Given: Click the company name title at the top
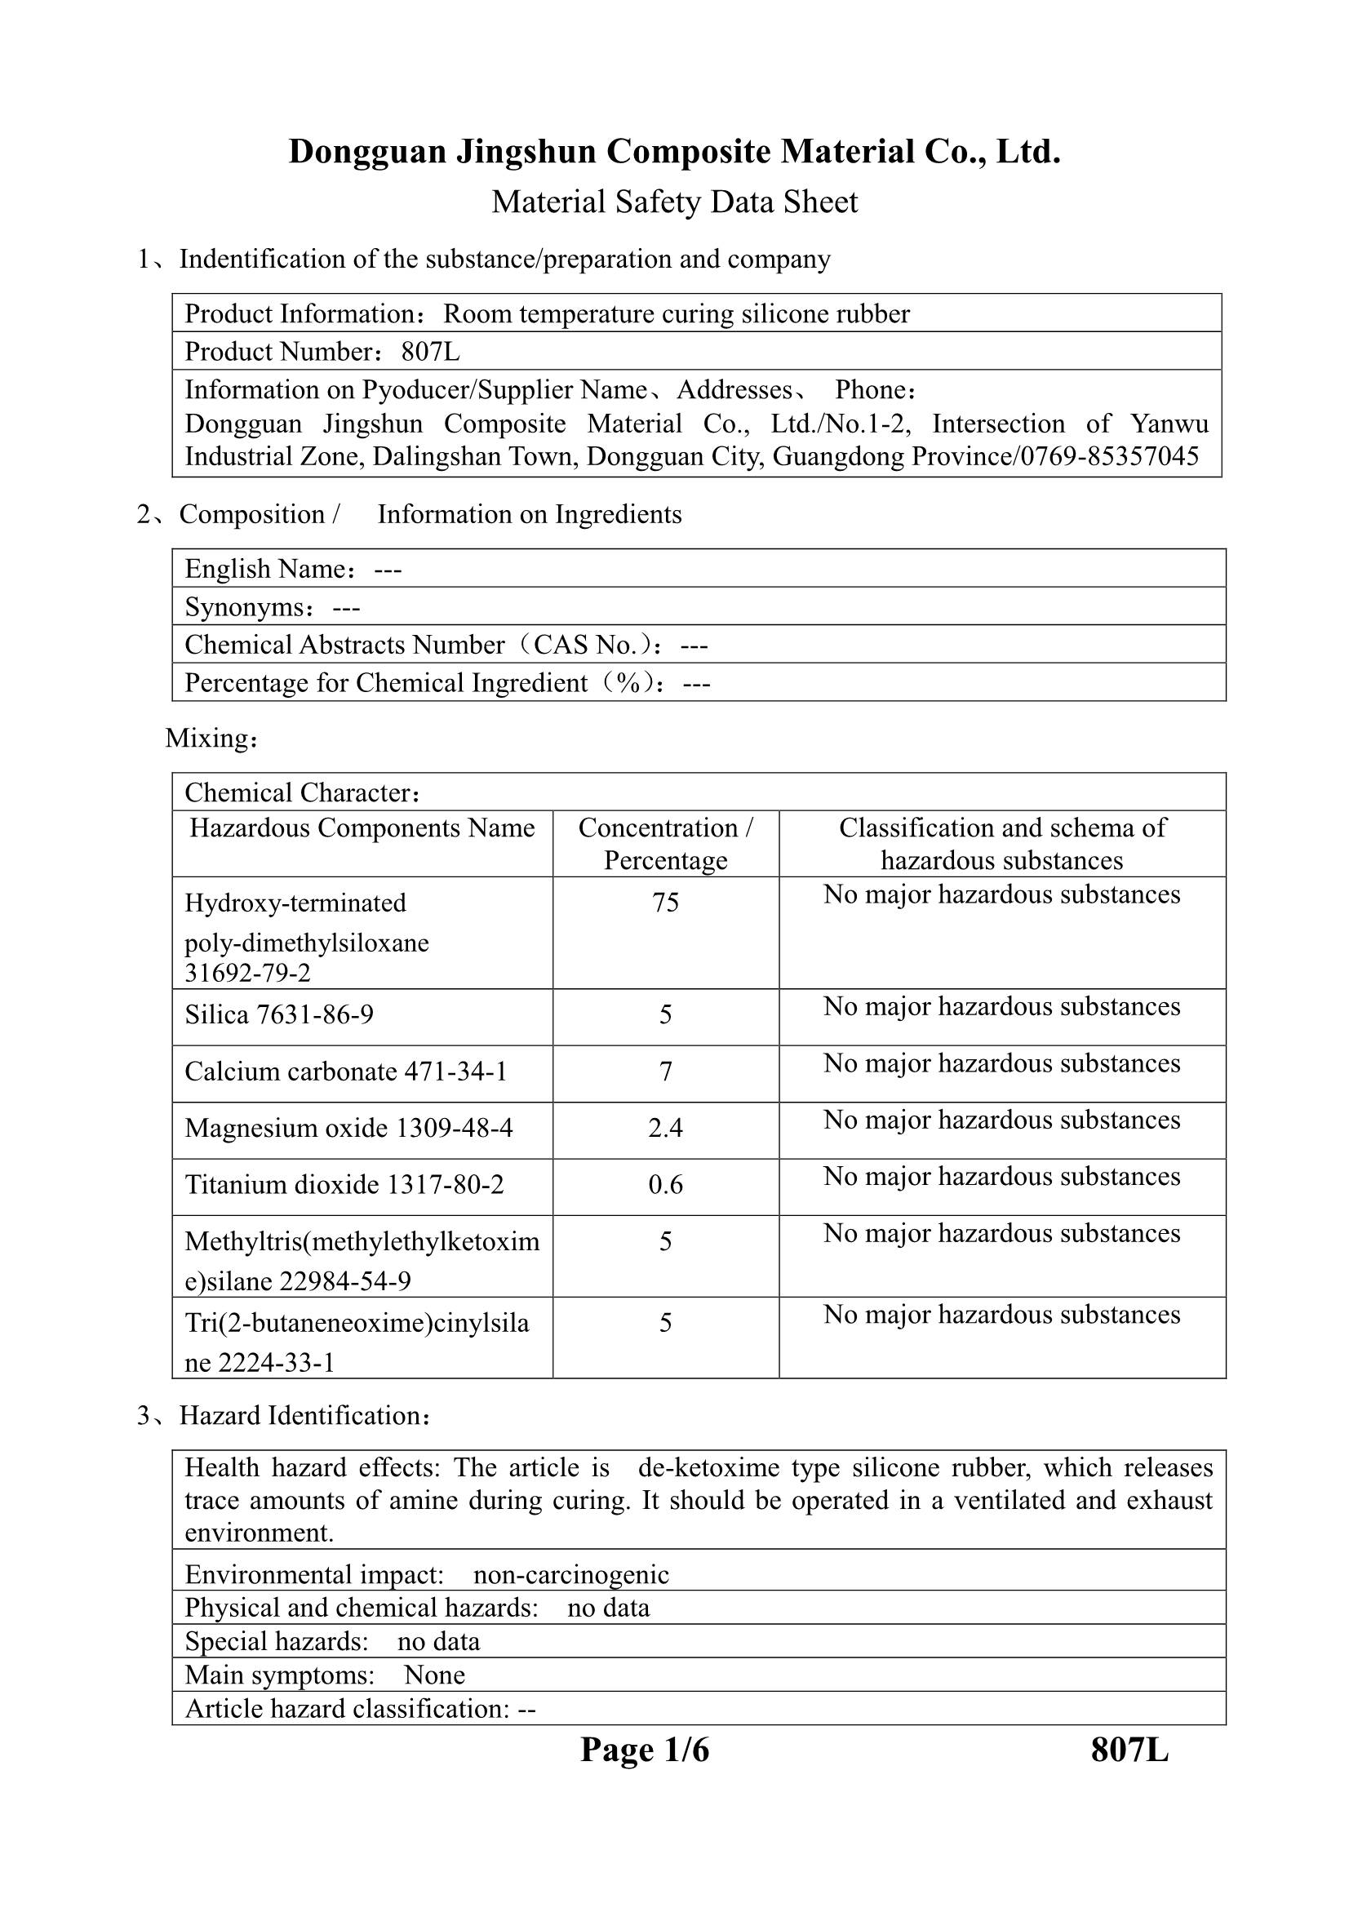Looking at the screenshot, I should (x=674, y=152).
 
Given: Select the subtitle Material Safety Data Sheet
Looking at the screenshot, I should (x=674, y=202).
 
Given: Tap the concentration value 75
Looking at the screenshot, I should (x=665, y=903).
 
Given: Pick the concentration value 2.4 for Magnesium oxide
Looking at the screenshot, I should (x=665, y=1128).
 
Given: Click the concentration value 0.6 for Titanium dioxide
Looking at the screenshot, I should (x=665, y=1184).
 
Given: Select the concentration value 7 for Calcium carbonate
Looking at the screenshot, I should (x=665, y=1072).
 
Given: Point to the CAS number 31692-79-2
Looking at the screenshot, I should (x=248, y=972).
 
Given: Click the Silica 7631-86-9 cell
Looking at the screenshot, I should (x=279, y=1014).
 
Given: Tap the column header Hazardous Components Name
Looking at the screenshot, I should (x=362, y=828).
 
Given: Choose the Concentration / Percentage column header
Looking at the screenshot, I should (x=665, y=844).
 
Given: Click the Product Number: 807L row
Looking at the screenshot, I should (x=322, y=352).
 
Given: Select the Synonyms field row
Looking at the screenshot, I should (x=273, y=606).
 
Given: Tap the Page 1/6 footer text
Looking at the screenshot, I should (x=644, y=1750).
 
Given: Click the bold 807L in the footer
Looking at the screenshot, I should (x=1129, y=1750).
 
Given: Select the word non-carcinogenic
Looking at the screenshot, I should (x=571, y=1574).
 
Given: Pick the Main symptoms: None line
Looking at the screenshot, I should (x=325, y=1675).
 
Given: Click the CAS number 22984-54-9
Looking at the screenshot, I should (x=345, y=1281).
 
